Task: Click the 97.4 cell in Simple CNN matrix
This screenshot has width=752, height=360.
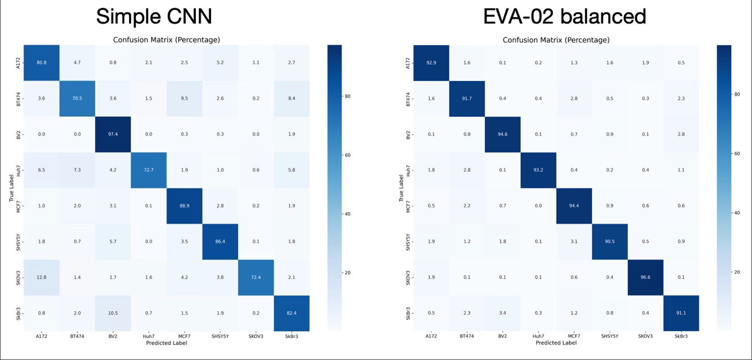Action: tap(113, 134)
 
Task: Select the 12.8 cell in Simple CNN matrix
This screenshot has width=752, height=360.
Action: tap(41, 277)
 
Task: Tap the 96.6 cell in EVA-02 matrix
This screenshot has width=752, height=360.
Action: tap(645, 277)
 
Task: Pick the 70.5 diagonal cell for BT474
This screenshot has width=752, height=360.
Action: tap(77, 98)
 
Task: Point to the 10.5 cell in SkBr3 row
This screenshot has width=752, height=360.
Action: tap(113, 313)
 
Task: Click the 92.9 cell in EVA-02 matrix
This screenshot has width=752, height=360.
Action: tap(431, 63)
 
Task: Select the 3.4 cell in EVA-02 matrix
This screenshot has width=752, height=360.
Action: tap(502, 313)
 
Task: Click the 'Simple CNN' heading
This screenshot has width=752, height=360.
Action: tap(154, 17)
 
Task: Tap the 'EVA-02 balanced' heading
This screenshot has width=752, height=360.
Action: tap(564, 17)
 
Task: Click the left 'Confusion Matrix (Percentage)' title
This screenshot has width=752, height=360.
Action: tap(166, 40)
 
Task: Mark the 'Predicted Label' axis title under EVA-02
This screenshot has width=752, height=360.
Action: tap(556, 343)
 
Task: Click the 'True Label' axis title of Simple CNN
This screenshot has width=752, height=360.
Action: tap(12, 188)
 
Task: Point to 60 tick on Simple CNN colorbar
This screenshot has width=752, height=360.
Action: tap(348, 155)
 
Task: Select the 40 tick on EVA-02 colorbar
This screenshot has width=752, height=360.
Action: tap(737, 213)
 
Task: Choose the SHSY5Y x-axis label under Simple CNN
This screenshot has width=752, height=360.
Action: tap(220, 336)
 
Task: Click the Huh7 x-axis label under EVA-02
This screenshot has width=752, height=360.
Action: tap(538, 336)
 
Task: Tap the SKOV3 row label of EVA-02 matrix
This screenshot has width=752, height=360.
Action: tap(408, 277)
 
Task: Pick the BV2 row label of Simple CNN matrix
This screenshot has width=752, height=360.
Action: tap(18, 134)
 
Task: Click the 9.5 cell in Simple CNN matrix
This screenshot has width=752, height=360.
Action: tap(184, 98)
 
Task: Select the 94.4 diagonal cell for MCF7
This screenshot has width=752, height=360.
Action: tap(574, 206)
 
